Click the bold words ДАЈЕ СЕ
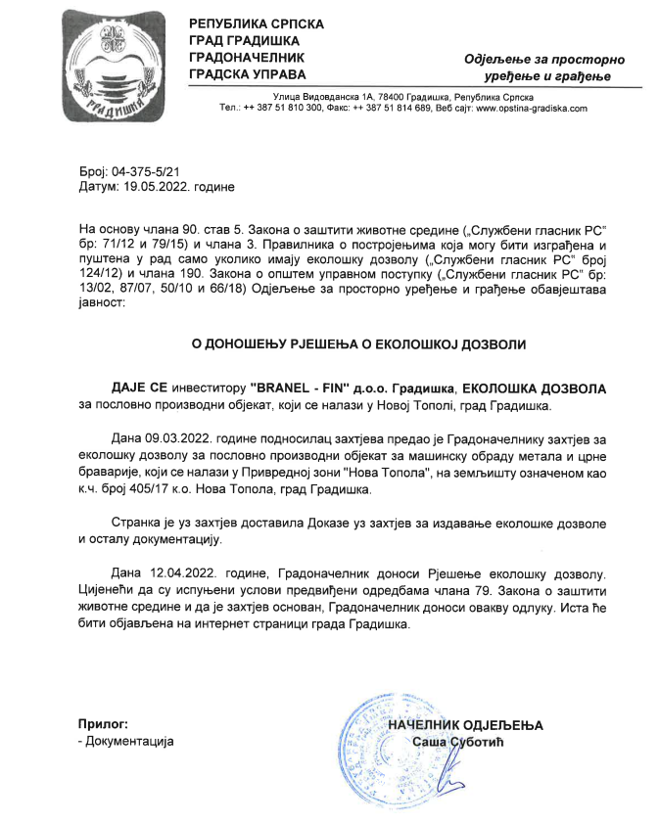click(141, 389)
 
